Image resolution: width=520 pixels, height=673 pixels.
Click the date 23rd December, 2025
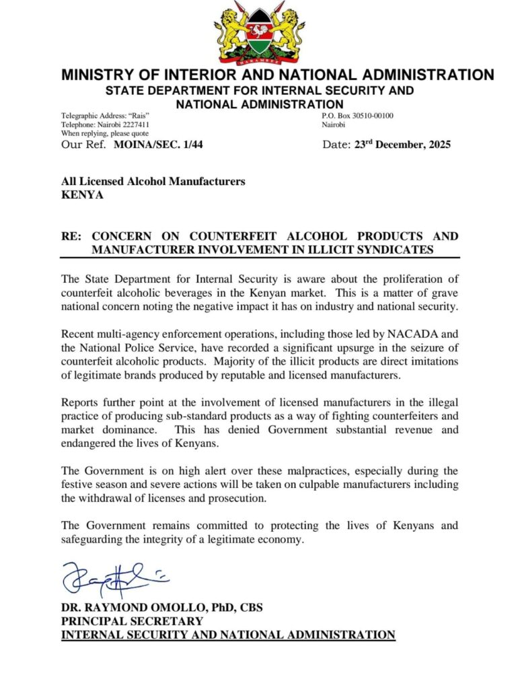(x=402, y=145)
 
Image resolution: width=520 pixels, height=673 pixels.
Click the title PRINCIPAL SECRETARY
(x=132, y=621)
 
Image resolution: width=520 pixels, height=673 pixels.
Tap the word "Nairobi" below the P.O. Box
(x=333, y=125)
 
